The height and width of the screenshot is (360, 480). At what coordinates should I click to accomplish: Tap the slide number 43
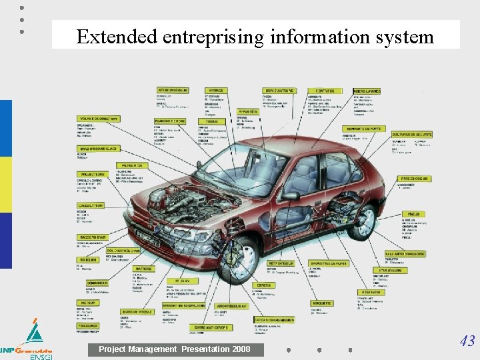coord(467,341)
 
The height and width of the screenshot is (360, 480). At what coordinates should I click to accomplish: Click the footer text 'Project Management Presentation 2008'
coord(175,349)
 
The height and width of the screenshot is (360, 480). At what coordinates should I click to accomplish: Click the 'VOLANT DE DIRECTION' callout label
coord(99,119)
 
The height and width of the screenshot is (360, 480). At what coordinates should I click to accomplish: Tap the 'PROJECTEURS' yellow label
coord(91,174)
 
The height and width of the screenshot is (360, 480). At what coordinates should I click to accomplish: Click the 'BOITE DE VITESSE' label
coord(137,311)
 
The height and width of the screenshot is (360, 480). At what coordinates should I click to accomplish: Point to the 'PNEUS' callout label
coord(413,214)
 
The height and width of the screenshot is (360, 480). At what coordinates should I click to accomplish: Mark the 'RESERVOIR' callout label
coord(371,292)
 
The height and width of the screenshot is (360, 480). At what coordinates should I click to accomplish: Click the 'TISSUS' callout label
coord(211,122)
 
